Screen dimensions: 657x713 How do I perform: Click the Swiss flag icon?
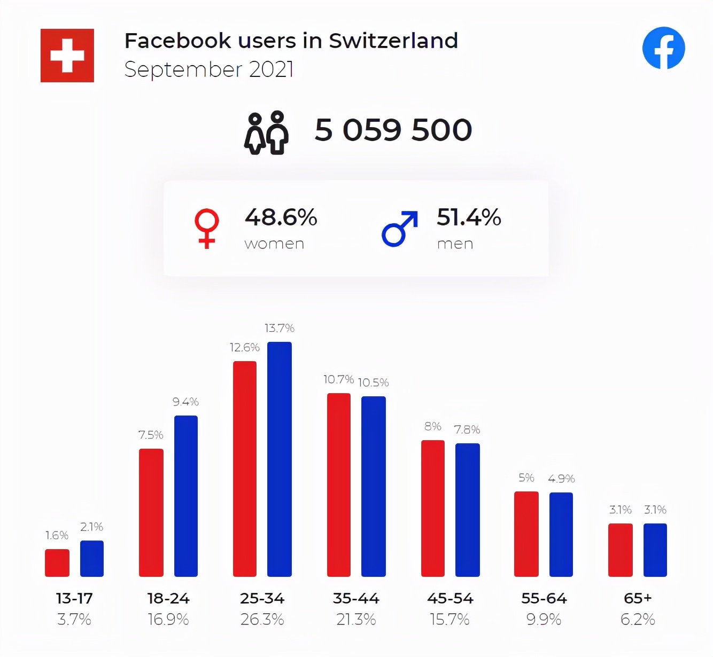tap(67, 56)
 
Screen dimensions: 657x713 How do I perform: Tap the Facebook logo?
tap(663, 48)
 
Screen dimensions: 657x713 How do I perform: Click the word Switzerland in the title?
tap(393, 41)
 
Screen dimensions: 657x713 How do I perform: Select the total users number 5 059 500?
tap(393, 130)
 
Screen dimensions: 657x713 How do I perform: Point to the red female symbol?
tap(207, 228)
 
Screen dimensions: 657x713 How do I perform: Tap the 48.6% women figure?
tap(281, 217)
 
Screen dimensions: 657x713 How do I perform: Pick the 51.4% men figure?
tap(469, 217)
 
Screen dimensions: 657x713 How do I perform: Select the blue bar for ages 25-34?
tap(280, 459)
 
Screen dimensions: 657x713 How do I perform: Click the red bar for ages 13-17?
tap(57, 562)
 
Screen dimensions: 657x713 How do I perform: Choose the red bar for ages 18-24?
tap(151, 512)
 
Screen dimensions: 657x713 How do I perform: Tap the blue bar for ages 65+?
tap(655, 550)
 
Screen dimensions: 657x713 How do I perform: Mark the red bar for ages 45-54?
tap(433, 508)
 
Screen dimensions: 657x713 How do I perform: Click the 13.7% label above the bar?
tap(280, 328)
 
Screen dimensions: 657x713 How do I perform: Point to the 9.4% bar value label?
tap(185, 402)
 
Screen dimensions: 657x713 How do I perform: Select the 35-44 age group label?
tap(356, 598)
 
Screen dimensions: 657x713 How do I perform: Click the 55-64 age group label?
tap(544, 598)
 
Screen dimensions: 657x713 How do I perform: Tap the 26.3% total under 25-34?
tap(262, 620)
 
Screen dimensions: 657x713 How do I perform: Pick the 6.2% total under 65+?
tap(638, 620)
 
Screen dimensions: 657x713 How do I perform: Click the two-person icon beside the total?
tap(266, 132)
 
